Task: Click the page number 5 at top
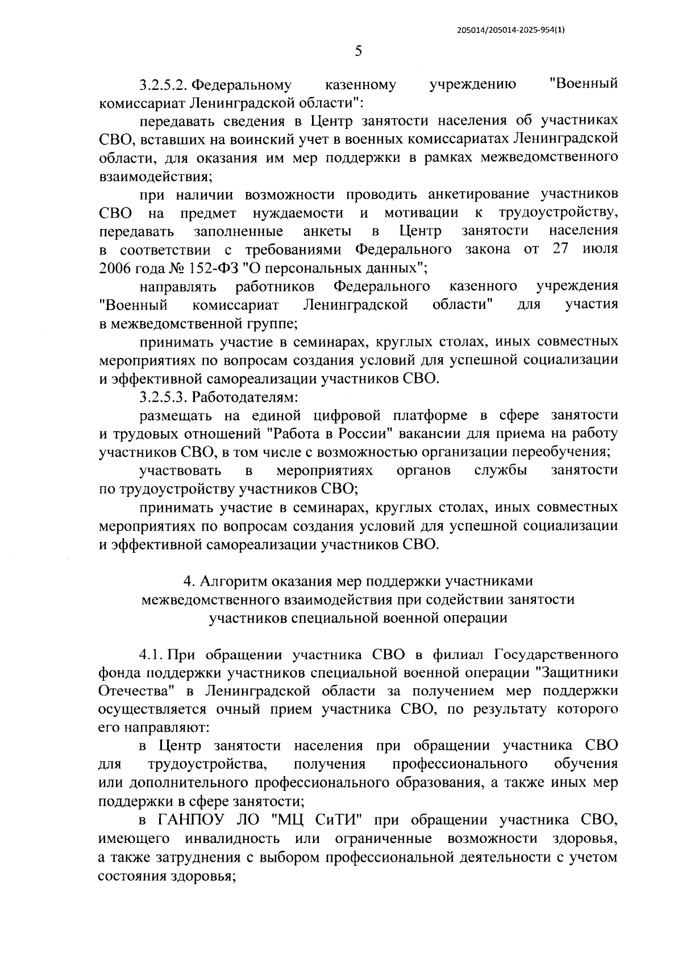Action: (358, 51)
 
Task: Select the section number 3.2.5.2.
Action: (163, 85)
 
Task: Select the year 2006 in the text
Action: (115, 268)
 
